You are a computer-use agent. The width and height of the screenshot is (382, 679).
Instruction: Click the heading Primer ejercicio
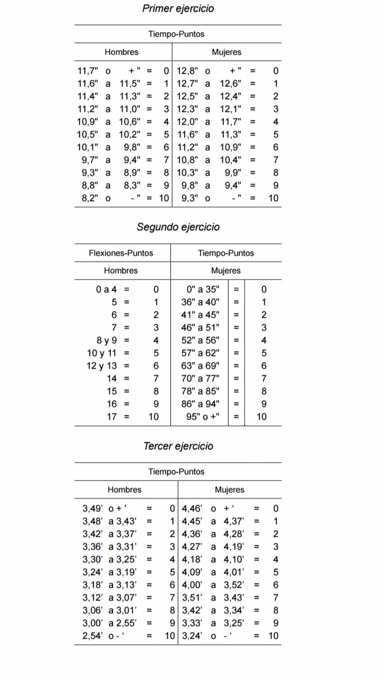pyautogui.click(x=178, y=8)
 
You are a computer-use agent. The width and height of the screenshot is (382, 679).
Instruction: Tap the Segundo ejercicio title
pyautogui.click(x=178, y=227)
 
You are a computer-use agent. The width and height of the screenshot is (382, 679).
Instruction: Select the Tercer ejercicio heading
pyautogui.click(x=178, y=446)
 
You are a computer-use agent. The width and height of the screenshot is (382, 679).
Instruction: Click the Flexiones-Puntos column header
pyautogui.click(x=121, y=253)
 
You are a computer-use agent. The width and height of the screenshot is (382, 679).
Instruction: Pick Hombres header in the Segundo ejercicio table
pyautogui.click(x=121, y=271)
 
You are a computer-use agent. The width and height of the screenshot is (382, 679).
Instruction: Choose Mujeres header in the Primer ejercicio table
pyautogui.click(x=227, y=52)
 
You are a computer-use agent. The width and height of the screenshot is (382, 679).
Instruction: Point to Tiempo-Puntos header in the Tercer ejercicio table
pyautogui.click(x=176, y=472)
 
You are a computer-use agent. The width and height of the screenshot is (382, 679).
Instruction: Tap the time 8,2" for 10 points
pyautogui.click(x=88, y=198)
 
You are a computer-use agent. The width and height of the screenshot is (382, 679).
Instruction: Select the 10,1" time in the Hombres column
pyautogui.click(x=88, y=147)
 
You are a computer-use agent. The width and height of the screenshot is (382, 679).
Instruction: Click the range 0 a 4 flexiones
pyautogui.click(x=106, y=290)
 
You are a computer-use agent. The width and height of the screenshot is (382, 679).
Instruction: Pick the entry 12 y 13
pyautogui.click(x=101, y=365)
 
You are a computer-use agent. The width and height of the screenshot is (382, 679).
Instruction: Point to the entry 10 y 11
pyautogui.click(x=101, y=353)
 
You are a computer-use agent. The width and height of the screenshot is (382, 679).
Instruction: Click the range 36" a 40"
pyautogui.click(x=201, y=302)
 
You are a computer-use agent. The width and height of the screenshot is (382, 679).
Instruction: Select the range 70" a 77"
pyautogui.click(x=201, y=378)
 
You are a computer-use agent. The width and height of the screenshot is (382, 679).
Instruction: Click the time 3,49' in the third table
pyautogui.click(x=93, y=508)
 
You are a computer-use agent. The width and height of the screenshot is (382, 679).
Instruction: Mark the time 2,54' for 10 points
pyautogui.click(x=93, y=636)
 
